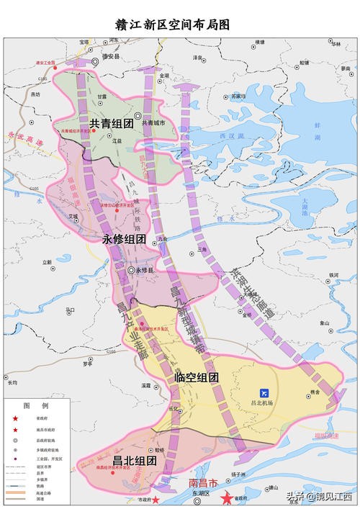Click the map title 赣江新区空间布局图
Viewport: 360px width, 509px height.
click(x=179, y=24)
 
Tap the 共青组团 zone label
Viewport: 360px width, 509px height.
click(x=112, y=124)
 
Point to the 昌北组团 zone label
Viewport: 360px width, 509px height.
click(x=135, y=460)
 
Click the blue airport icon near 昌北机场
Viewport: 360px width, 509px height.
click(x=264, y=393)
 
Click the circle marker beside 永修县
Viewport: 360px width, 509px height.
click(x=130, y=271)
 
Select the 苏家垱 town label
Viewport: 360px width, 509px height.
click(x=238, y=95)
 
